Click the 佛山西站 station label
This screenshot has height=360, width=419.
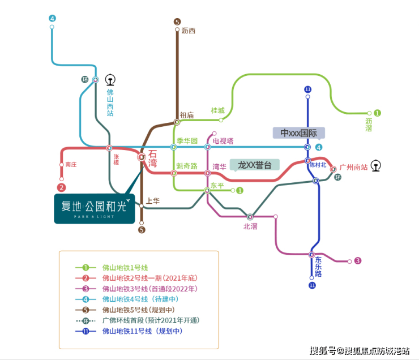(x=110, y=102)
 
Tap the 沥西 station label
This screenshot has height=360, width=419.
(x=189, y=31)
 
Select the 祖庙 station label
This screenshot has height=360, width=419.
(x=187, y=115)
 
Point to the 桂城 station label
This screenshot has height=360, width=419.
(x=217, y=110)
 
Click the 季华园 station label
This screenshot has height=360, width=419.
(x=187, y=140)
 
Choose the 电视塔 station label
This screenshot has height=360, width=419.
(x=223, y=140)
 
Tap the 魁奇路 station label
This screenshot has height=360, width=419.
(x=187, y=166)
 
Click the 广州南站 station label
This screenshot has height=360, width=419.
(x=353, y=168)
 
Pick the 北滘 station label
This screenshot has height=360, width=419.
(x=250, y=226)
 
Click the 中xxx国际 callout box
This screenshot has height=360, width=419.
(x=299, y=132)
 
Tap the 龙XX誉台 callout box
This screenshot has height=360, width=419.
(x=255, y=165)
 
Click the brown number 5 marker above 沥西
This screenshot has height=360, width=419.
(x=177, y=22)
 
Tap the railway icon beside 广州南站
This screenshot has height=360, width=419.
(x=377, y=166)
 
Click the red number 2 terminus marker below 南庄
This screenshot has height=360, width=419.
(x=62, y=187)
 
